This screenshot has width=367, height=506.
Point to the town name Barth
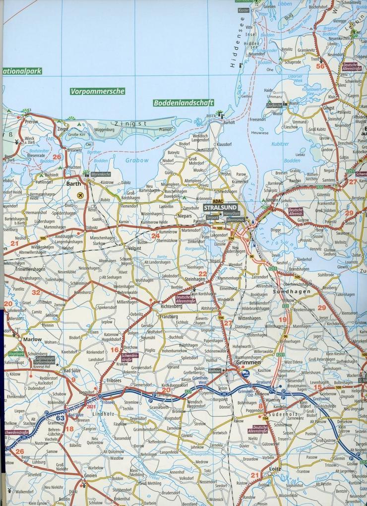click(x=73, y=183)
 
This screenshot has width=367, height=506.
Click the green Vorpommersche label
click(x=97, y=91)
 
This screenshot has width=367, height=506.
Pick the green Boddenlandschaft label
click(x=183, y=103)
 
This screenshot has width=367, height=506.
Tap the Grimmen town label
click(x=248, y=363)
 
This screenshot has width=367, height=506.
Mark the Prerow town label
click(x=31, y=121)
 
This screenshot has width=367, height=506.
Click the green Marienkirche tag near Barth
click(x=100, y=174)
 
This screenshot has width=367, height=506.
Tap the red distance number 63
click(x=61, y=418)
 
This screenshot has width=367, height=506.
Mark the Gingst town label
click(x=328, y=108)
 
